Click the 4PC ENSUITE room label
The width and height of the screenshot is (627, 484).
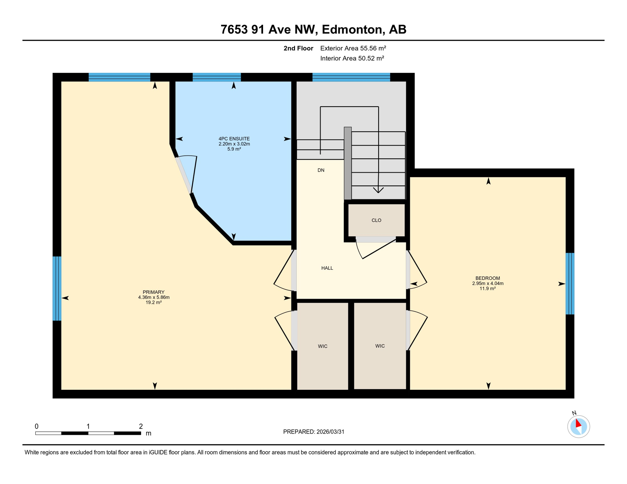[234, 139]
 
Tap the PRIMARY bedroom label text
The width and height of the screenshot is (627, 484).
[154, 292]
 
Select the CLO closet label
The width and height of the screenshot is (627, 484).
[376, 220]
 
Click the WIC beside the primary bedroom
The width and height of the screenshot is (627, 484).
[322, 346]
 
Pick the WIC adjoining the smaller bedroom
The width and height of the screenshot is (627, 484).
[380, 346]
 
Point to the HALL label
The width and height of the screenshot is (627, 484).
[327, 268]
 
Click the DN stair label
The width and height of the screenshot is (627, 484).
[321, 170]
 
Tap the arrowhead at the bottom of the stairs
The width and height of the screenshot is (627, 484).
[378, 190]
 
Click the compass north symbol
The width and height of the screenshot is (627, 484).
[578, 426]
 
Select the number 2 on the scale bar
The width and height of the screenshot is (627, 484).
[141, 426]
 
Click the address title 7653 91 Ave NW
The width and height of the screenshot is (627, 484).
[313, 29]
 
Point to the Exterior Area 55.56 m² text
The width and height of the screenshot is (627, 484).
[353, 48]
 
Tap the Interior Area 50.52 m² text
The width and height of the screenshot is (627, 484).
[352, 58]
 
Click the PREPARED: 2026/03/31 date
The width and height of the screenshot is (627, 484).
[313, 432]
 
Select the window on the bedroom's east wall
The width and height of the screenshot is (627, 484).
[570, 284]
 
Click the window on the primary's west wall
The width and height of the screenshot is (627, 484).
[57, 288]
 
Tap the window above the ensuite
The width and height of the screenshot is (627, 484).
[217, 77]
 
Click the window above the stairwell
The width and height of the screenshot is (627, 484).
[351, 77]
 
